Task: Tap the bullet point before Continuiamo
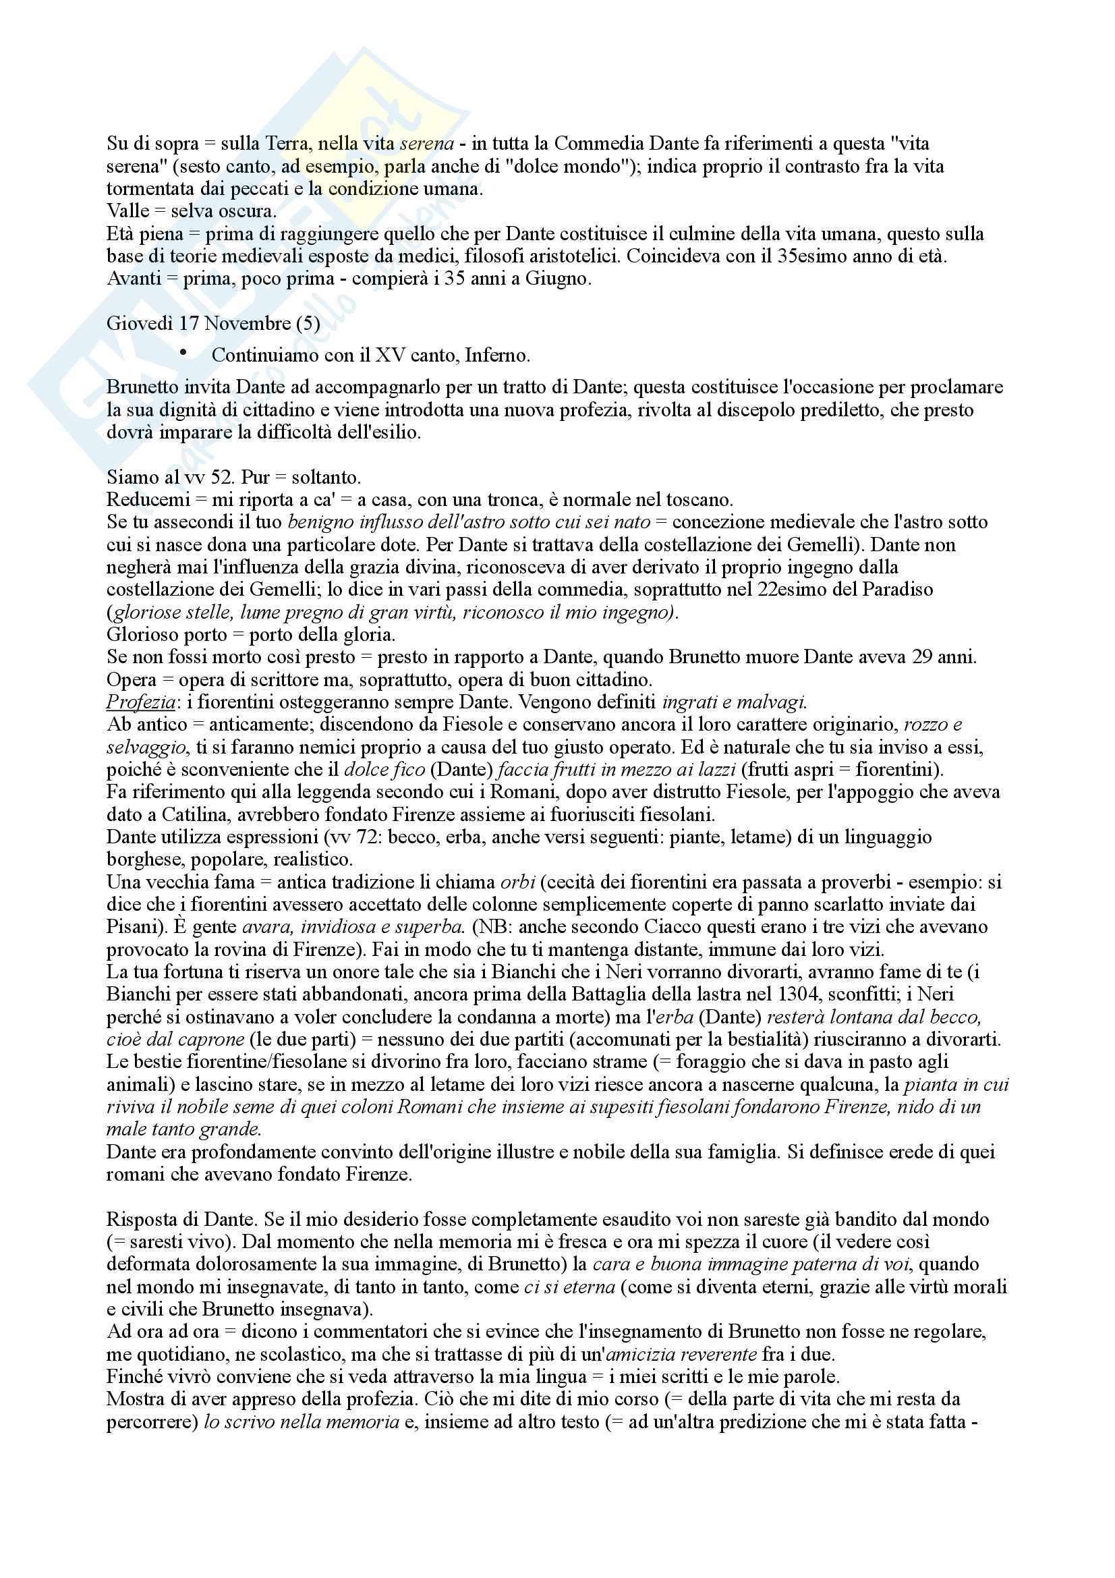[x=183, y=353]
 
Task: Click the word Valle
[x=127, y=211]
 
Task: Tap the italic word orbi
[x=517, y=882]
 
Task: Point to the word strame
[x=621, y=1062]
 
